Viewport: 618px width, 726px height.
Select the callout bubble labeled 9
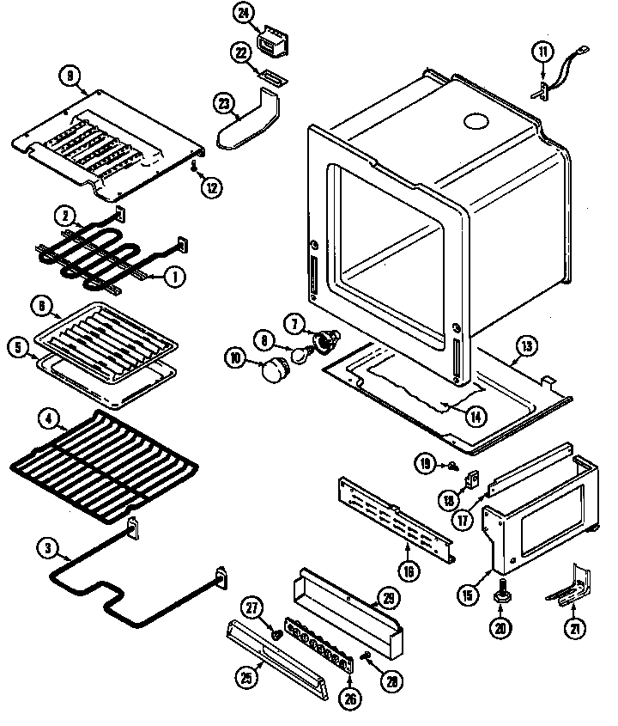pyautogui.click(x=71, y=75)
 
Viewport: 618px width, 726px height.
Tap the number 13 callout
pyautogui.click(x=524, y=347)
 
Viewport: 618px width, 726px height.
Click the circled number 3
pyautogui.click(x=47, y=546)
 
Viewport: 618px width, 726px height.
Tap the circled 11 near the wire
pyautogui.click(x=542, y=51)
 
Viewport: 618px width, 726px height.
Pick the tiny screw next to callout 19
pyautogui.click(x=451, y=467)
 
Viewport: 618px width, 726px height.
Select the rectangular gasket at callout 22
pyautogui.click(x=271, y=77)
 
